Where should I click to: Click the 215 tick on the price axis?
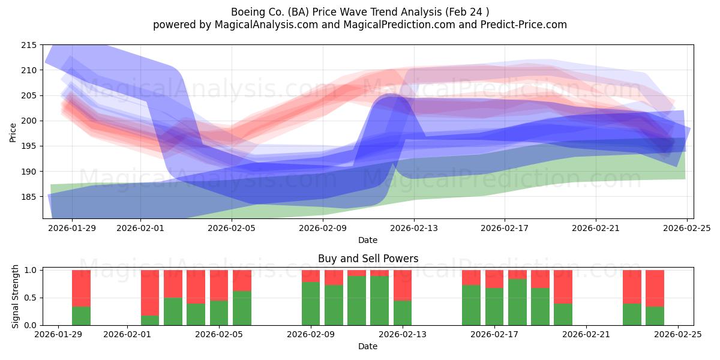pyautogui.click(x=29, y=45)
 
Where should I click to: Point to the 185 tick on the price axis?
pyautogui.click(x=29, y=197)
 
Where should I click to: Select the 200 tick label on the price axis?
pyautogui.click(x=29, y=121)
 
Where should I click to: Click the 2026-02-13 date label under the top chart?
pyautogui.click(x=413, y=228)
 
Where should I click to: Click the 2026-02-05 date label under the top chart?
pyautogui.click(x=231, y=228)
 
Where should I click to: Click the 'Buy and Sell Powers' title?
pyautogui.click(x=368, y=259)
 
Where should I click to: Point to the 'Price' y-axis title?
pyautogui.click(x=13, y=132)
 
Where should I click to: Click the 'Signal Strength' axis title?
pyautogui.click(x=15, y=298)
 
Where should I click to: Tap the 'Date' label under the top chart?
pyautogui.click(x=368, y=240)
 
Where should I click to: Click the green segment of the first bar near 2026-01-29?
pyautogui.click(x=81, y=316)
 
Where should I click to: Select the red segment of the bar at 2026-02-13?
pyautogui.click(x=403, y=285)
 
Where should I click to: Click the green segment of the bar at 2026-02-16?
pyautogui.click(x=471, y=305)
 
